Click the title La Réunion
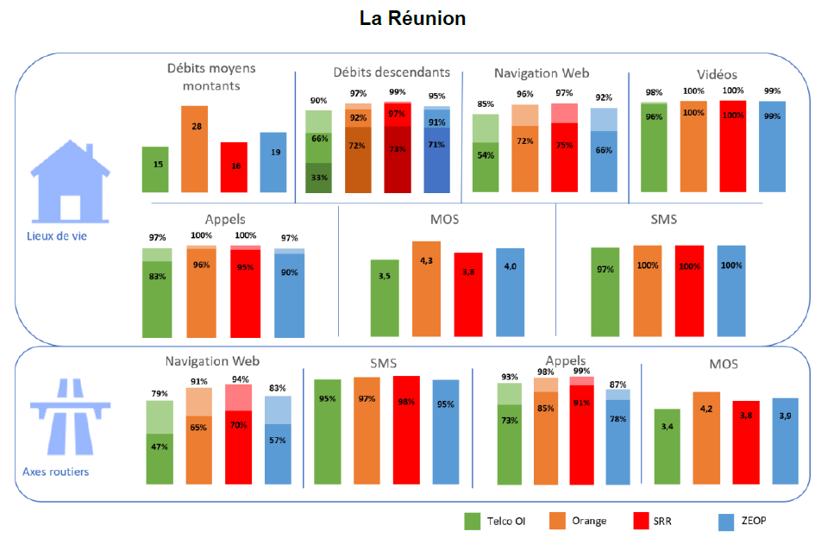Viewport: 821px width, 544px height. coord(412,18)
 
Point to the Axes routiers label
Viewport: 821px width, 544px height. coord(55,472)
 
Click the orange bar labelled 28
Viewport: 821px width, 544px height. coord(194,148)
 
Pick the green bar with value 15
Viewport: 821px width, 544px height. coord(155,169)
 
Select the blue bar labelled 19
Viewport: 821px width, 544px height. coord(273,162)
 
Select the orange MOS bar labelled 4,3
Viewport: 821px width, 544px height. coord(426,289)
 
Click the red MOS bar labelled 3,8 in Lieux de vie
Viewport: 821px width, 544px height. coord(467,294)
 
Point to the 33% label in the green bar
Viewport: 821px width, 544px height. coord(319,178)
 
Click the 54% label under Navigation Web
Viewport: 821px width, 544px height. coord(486,156)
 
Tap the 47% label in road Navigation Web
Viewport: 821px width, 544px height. coord(159,447)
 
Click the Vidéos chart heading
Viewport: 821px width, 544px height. coord(717,74)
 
